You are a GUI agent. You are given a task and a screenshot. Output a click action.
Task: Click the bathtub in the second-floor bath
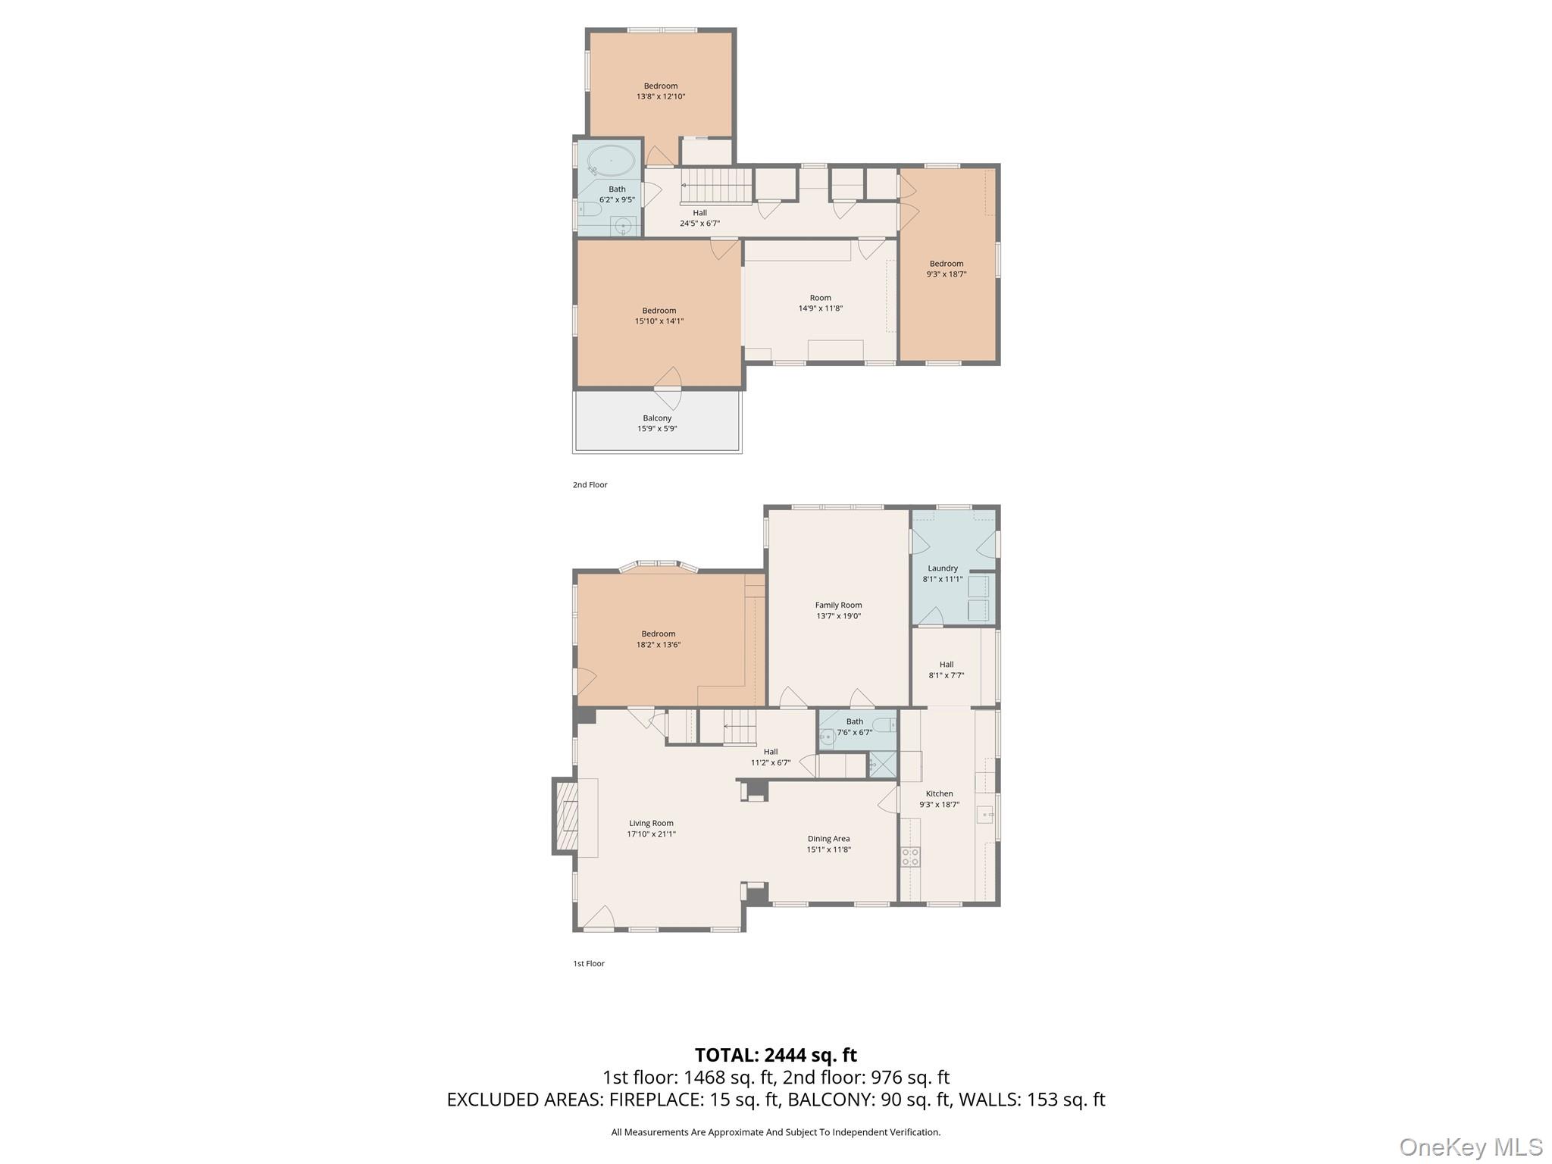(x=611, y=161)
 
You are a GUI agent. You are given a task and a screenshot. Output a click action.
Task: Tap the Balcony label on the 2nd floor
(x=657, y=418)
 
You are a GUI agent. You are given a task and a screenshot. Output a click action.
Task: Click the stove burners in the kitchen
(x=910, y=857)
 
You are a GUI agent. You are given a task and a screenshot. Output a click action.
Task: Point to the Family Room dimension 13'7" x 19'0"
(x=838, y=616)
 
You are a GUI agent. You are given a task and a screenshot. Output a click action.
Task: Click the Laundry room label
(x=943, y=568)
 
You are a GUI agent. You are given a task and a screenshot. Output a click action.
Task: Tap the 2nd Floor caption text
(x=590, y=485)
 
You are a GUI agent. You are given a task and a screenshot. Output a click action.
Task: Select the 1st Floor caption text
(x=589, y=964)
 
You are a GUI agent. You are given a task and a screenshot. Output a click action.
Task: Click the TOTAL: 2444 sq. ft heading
(x=775, y=1055)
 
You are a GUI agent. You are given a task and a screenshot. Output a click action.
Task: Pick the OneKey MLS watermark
(x=1470, y=1147)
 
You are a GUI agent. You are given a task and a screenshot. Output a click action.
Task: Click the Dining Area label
(x=828, y=839)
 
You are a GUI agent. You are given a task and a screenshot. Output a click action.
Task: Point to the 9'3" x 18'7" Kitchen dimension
(x=939, y=805)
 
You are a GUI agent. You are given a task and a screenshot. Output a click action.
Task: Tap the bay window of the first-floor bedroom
(x=658, y=565)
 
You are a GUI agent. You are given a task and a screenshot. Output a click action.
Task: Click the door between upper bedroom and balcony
(x=668, y=388)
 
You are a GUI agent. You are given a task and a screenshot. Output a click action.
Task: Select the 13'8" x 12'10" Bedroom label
(x=661, y=92)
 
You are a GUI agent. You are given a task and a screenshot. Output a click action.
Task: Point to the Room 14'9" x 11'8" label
(x=820, y=303)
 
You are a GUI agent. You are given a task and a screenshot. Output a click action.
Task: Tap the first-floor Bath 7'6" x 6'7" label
(x=854, y=727)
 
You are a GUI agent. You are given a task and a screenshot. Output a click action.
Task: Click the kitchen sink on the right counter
(x=985, y=815)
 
